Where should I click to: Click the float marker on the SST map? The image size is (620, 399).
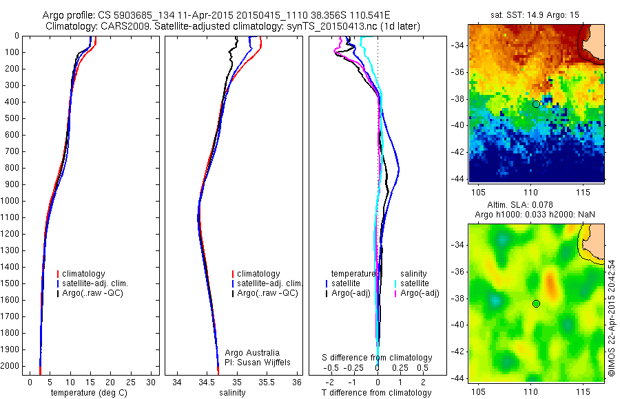(x=536, y=104)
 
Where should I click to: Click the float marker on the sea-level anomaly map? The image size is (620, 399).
(x=536, y=303)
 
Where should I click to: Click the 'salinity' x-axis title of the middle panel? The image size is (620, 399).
(x=231, y=393)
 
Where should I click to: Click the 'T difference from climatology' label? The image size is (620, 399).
(x=376, y=393)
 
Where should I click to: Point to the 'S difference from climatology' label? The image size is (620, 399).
(x=377, y=358)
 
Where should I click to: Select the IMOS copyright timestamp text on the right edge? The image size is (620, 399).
(x=611, y=317)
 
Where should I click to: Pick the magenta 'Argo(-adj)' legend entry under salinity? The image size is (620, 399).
(x=420, y=293)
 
